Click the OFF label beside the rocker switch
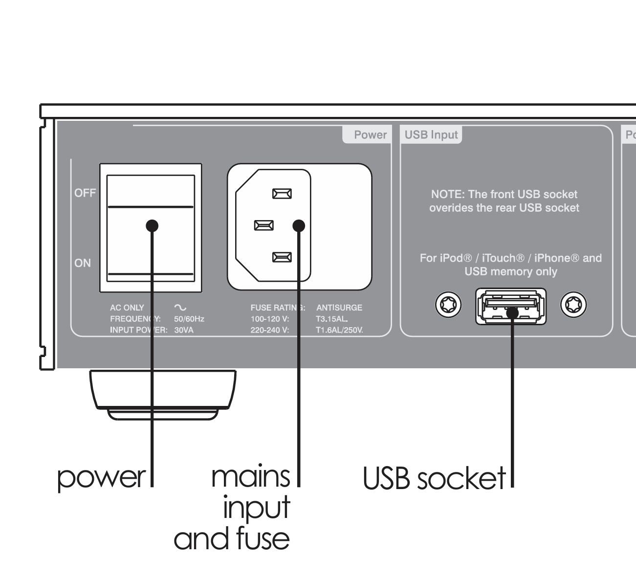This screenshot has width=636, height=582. click(x=85, y=193)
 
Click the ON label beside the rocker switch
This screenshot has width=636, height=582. click(x=83, y=263)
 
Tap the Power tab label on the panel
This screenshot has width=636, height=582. click(x=370, y=135)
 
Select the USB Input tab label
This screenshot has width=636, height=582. click(x=431, y=135)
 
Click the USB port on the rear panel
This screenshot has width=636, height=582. click(x=511, y=307)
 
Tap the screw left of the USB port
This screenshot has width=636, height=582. click(x=448, y=306)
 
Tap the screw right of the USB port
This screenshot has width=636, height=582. click(x=573, y=306)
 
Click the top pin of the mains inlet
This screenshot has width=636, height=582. click(x=282, y=194)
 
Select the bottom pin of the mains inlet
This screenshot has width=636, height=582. click(x=282, y=257)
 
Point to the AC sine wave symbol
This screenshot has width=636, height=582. click(x=180, y=308)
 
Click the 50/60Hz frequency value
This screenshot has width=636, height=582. click(x=189, y=319)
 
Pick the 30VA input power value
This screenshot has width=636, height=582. click(x=184, y=330)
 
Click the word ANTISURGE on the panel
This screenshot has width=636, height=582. click(x=339, y=308)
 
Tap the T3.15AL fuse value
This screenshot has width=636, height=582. click(x=332, y=319)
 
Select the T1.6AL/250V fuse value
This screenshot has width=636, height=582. click(x=339, y=330)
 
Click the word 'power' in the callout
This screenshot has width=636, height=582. click(x=102, y=477)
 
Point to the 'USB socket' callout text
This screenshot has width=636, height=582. click(x=434, y=478)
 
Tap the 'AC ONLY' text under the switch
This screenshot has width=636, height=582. click(x=127, y=308)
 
